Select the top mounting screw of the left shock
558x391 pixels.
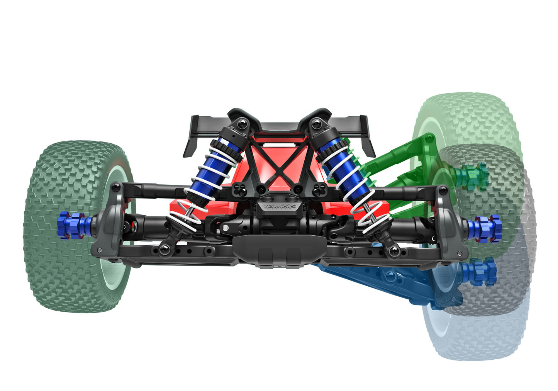pos(242,124)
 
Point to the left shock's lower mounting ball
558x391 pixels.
pos(165,250)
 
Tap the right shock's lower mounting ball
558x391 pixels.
pos(393,251)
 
